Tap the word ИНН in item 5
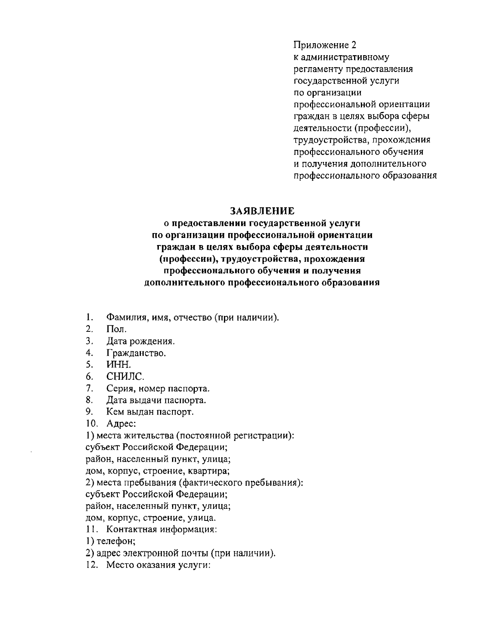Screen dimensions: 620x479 (x=119, y=365)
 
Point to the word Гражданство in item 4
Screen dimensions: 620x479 (x=136, y=353)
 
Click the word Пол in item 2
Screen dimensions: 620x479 (x=116, y=330)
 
